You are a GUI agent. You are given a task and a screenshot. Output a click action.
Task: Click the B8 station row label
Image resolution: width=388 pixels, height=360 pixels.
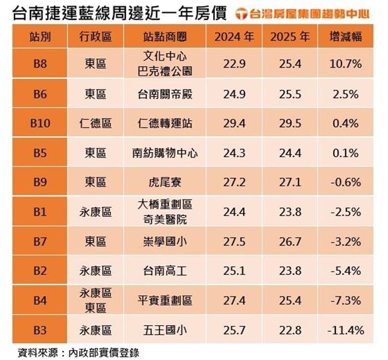pyautogui.click(x=40, y=64)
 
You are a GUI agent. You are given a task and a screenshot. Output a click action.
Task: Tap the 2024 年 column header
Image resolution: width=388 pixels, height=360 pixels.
pyautogui.click(x=234, y=37)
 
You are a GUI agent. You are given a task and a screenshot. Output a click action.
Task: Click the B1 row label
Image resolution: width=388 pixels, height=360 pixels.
pyautogui.click(x=40, y=212)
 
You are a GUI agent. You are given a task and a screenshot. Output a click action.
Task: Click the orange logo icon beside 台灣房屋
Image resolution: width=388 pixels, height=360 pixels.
pyautogui.click(x=241, y=13)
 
